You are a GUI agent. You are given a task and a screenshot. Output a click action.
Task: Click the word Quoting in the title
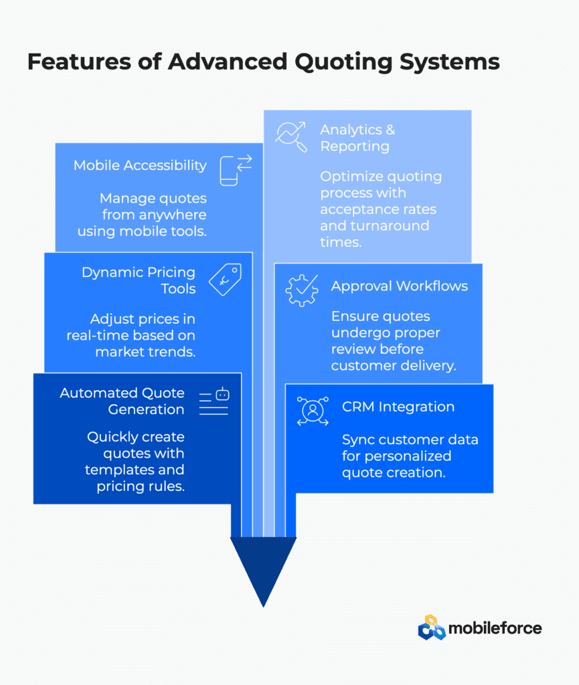(x=343, y=62)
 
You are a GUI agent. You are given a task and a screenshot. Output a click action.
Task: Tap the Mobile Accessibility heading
(x=140, y=166)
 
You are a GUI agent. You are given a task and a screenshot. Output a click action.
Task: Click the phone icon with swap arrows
(x=236, y=171)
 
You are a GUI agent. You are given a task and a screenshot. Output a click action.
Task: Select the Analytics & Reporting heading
(x=357, y=138)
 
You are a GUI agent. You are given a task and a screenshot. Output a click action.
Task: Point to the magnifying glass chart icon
(x=291, y=136)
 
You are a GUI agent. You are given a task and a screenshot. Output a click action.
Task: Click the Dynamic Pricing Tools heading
(x=139, y=280)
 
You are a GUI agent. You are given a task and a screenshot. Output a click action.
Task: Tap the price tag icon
(x=225, y=279)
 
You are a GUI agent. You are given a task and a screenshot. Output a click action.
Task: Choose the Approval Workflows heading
(x=400, y=286)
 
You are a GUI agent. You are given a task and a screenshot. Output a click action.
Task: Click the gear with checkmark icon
(x=301, y=290)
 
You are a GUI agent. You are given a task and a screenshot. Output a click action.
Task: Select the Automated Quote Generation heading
(x=122, y=401)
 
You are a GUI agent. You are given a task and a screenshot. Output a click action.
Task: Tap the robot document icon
(x=214, y=401)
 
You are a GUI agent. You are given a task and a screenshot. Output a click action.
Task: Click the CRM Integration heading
(x=398, y=407)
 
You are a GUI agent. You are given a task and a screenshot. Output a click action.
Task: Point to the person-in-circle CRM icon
(x=313, y=411)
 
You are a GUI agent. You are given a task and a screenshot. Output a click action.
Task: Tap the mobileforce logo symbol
(x=432, y=627)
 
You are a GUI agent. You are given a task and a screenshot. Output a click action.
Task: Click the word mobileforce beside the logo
(x=495, y=628)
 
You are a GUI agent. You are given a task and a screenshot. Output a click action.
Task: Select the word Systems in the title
(x=449, y=62)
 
